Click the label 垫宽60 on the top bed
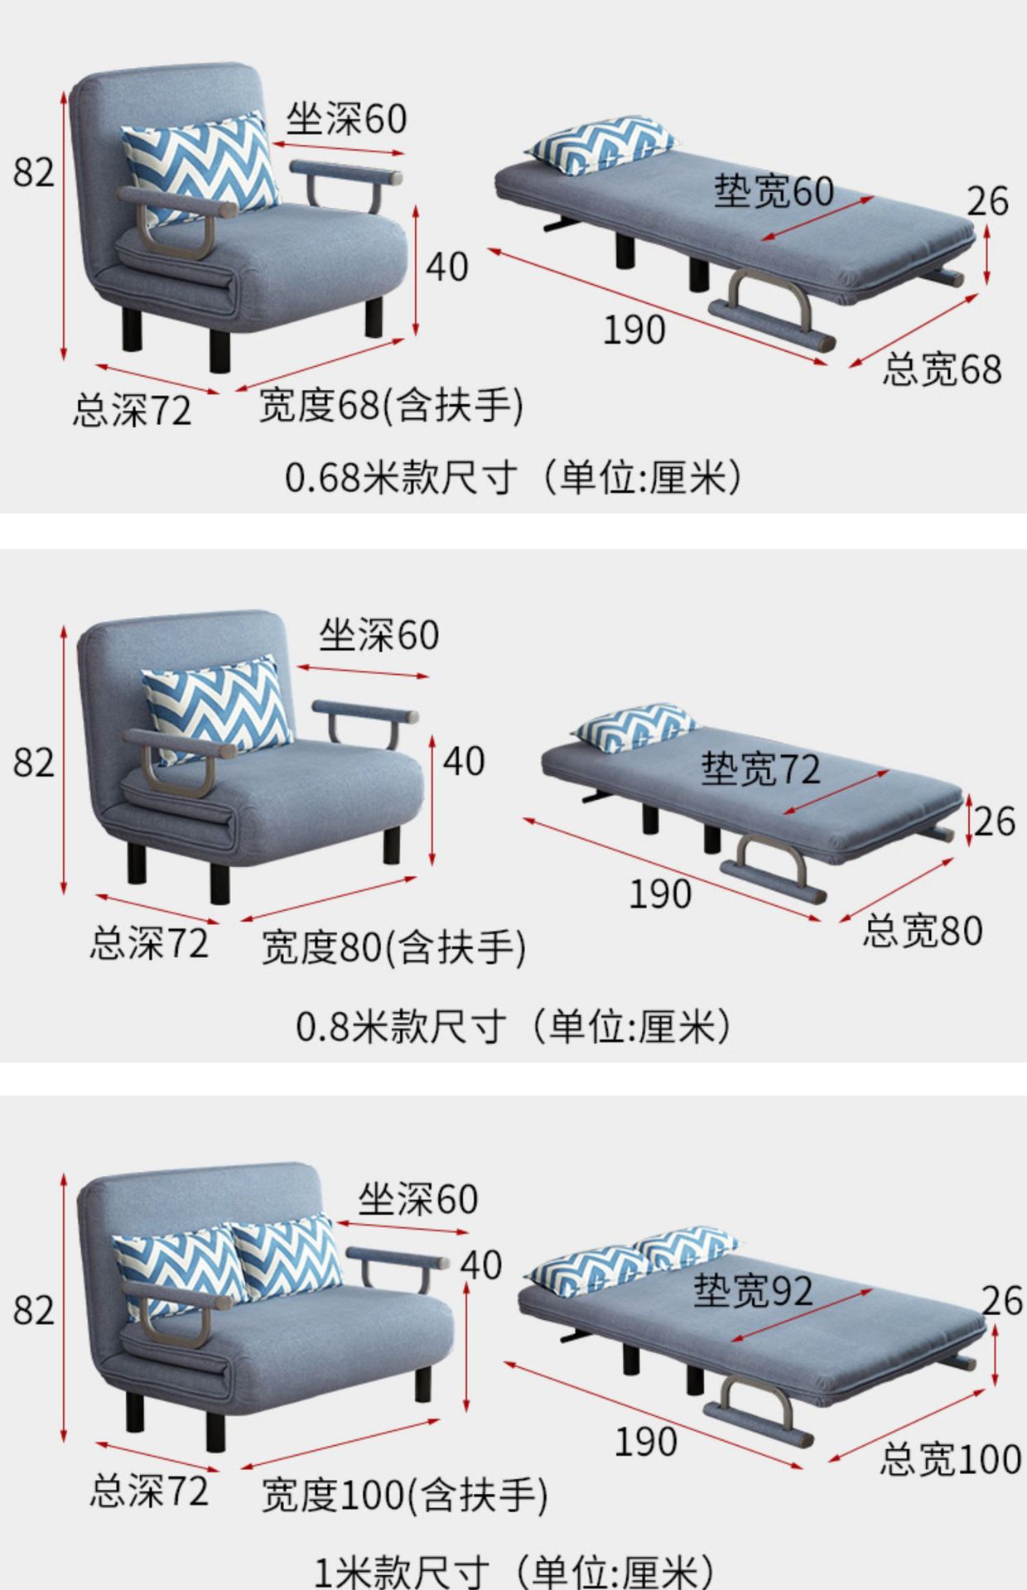774,191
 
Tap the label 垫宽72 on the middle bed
760,768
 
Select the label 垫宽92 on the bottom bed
752,1290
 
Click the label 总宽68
941,369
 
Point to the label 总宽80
922,931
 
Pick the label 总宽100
950,1459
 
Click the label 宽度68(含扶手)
391,406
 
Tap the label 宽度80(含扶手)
393,947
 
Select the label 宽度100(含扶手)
404,1496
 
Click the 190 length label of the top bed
634,330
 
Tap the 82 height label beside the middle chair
33,763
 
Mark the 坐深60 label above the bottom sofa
417,1199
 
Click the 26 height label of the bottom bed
1001,1301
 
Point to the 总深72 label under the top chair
132,411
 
